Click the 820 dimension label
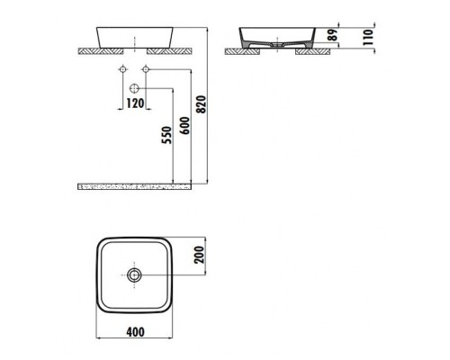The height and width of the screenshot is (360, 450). pyautogui.click(x=202, y=104)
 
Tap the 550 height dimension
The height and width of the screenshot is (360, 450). pyautogui.click(x=167, y=135)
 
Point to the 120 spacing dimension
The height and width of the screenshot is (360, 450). pyautogui.click(x=135, y=103)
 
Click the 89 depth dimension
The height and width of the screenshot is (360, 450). pyautogui.click(x=332, y=35)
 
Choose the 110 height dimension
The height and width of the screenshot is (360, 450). pyautogui.click(x=368, y=38)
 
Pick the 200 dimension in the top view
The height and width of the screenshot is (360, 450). pyautogui.click(x=199, y=255)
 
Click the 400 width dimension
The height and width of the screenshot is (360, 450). pyautogui.click(x=135, y=332)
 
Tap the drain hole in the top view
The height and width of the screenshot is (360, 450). pyautogui.click(x=134, y=274)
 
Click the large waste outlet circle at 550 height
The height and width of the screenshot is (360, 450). pyautogui.click(x=134, y=88)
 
